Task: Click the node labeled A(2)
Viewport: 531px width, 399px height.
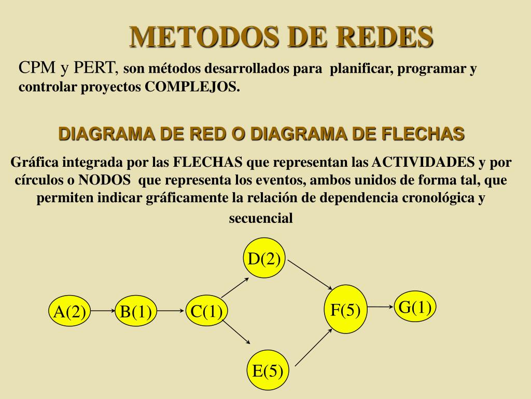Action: [x=70, y=311]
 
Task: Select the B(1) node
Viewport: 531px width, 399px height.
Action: [x=136, y=311]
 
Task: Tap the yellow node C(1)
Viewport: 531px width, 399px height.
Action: [x=206, y=311]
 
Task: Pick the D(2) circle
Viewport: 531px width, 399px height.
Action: [x=264, y=258]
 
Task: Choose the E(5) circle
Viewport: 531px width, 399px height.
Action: [x=268, y=370]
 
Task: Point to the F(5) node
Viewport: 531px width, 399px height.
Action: [x=345, y=309]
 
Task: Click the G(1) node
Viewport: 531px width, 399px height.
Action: [x=415, y=307]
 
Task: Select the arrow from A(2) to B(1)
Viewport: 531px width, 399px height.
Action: [x=103, y=311]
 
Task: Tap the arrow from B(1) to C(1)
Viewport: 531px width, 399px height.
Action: [x=171, y=311]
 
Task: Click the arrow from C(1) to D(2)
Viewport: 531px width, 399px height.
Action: [x=235, y=287]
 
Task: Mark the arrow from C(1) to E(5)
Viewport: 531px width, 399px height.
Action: [x=236, y=332]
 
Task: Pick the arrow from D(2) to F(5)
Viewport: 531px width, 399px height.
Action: [x=310, y=275]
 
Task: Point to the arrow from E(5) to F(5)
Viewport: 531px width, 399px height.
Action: [x=314, y=347]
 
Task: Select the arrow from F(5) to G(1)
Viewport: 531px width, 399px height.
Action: [x=381, y=307]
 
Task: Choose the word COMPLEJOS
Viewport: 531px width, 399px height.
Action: [x=192, y=87]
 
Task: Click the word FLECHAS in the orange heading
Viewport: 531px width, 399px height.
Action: [x=423, y=134]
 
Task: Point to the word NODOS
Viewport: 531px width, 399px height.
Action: [x=104, y=179]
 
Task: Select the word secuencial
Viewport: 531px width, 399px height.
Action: [x=261, y=218]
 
